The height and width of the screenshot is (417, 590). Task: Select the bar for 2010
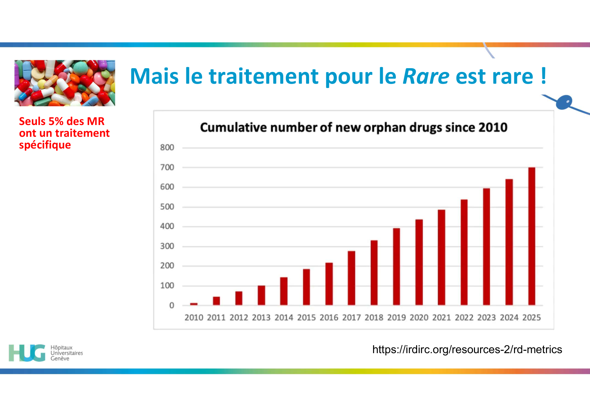[x=194, y=304]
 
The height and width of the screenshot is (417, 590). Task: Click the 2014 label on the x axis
[x=284, y=318]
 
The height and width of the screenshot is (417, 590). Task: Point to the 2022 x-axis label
[x=464, y=318]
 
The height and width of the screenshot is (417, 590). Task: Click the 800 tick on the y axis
[x=167, y=148]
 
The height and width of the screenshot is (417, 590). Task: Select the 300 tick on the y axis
[x=167, y=246]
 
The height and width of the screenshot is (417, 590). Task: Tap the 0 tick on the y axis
[x=172, y=305]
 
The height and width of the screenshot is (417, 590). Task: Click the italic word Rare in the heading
[x=426, y=76]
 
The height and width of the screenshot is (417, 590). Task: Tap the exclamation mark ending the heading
[x=544, y=76]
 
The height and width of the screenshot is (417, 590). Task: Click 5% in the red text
[x=56, y=121]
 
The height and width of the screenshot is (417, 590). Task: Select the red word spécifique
[x=45, y=145]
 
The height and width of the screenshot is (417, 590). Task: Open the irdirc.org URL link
[x=467, y=349]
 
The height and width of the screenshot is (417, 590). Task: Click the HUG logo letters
[x=27, y=353]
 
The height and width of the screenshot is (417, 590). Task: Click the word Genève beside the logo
[x=60, y=359]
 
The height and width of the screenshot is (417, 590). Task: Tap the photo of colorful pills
[x=65, y=83]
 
